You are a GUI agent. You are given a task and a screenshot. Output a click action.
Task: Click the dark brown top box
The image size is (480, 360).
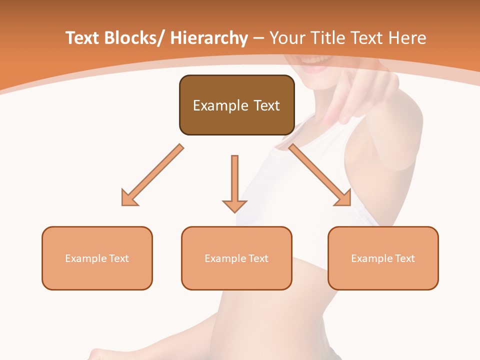[x=236, y=105]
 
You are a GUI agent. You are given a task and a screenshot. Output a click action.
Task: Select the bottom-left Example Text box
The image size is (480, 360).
[x=97, y=258]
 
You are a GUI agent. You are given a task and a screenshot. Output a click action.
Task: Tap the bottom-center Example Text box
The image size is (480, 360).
[x=236, y=258]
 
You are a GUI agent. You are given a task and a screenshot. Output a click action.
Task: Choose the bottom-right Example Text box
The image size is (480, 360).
[x=383, y=258]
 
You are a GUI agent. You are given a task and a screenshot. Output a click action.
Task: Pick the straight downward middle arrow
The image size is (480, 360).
[x=234, y=182]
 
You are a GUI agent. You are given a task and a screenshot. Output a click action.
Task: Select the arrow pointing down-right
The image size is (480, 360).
[x=320, y=175]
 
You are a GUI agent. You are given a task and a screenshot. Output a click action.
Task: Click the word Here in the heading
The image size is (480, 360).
[x=407, y=38]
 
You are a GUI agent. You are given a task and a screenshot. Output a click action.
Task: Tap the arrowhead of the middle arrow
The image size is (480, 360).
[x=234, y=206]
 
